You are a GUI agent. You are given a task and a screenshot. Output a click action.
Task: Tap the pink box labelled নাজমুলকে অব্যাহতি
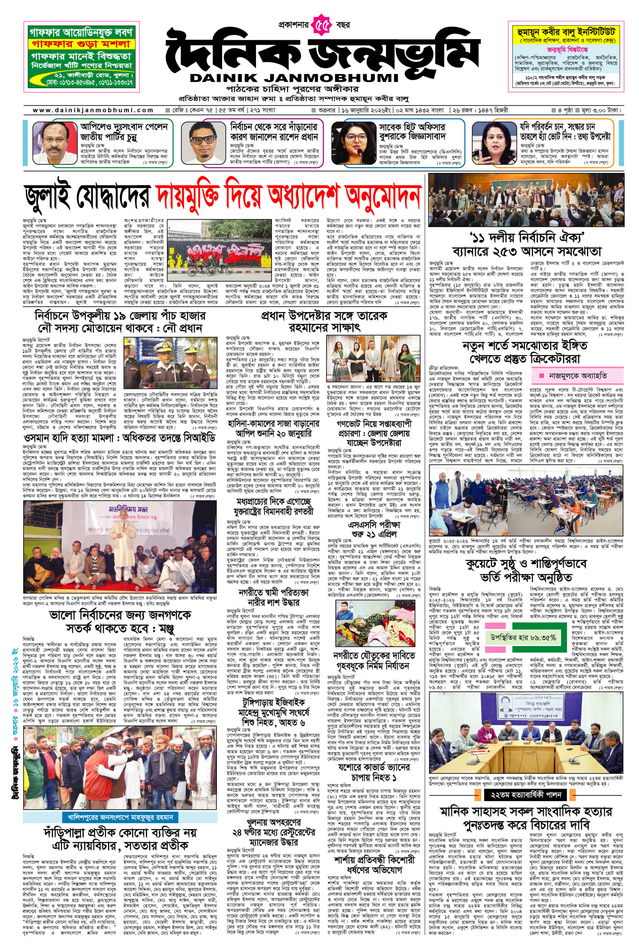click(x=577, y=375)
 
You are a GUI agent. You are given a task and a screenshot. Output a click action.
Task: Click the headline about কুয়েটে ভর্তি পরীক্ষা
click(x=526, y=571)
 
